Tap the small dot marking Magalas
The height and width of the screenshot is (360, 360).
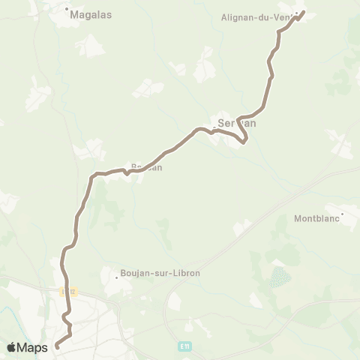tap(67, 10)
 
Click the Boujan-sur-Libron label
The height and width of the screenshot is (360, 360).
tap(160, 273)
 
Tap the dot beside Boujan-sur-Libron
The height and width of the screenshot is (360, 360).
tap(115, 273)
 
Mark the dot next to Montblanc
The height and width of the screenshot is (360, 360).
tap(343, 214)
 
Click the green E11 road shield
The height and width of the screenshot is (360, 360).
tap(184, 346)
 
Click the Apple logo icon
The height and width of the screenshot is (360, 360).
tap(12, 346)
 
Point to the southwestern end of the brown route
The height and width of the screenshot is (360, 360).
tap(57, 346)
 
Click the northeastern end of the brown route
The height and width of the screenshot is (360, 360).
tap(303, 12)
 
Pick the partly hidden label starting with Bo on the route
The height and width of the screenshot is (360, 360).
tap(145, 167)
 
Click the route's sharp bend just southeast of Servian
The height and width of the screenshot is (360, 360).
tap(244, 139)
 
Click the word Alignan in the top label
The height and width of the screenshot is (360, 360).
tap(239, 16)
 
